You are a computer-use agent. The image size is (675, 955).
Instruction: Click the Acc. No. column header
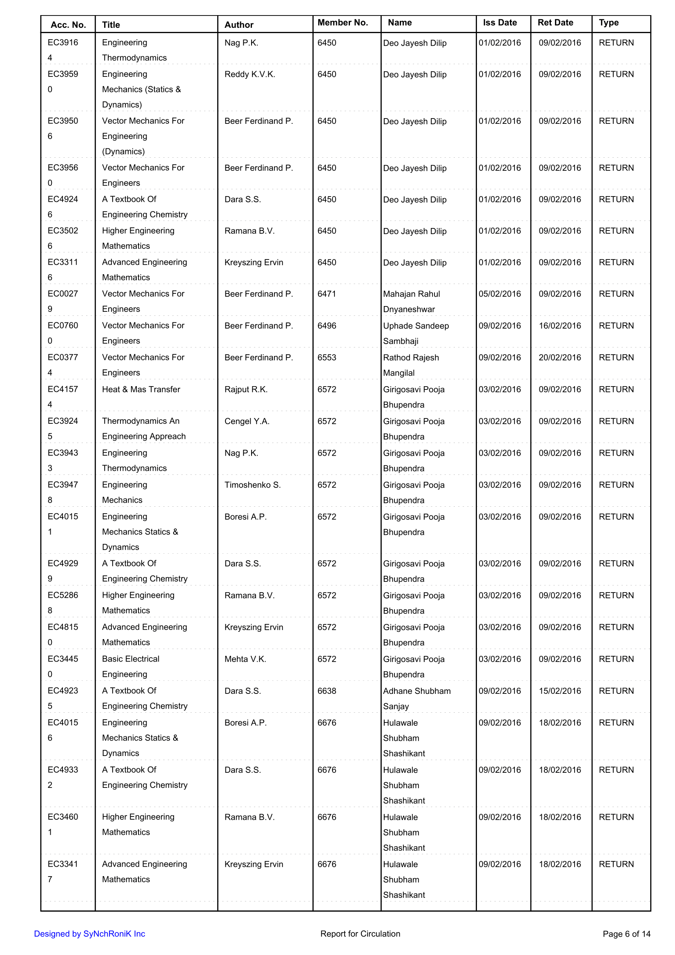[68, 25]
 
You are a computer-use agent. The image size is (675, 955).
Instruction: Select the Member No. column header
[343, 23]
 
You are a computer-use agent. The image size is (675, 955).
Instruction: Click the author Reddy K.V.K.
[250, 74]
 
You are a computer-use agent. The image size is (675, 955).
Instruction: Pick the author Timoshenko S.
[252, 485]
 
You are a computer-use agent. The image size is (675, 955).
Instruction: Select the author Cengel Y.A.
[247, 421]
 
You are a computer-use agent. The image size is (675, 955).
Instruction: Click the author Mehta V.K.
[245, 659]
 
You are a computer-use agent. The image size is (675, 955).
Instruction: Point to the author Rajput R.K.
[246, 390]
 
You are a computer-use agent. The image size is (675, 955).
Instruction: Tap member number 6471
[327, 294]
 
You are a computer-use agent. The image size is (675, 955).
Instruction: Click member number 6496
[327, 326]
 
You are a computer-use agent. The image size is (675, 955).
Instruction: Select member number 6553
[327, 358]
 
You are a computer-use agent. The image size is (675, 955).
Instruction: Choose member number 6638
[327, 691]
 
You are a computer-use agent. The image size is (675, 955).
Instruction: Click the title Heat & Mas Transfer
[141, 390]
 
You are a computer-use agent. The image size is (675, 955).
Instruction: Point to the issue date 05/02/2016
[499, 294]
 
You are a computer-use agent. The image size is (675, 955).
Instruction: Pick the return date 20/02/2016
[560, 358]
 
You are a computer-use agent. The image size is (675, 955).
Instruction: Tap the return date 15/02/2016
[560, 691]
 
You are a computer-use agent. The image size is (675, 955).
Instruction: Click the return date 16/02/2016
[560, 326]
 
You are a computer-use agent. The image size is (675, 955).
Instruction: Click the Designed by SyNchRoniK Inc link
[89, 934]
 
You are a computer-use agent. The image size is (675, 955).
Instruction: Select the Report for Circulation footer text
[360, 934]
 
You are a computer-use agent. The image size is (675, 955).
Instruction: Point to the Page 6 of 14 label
[626, 934]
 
